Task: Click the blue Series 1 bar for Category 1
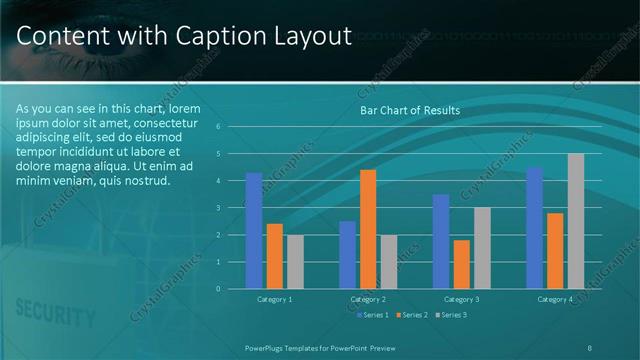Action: point(254,231)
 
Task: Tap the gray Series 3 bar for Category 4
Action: point(576,221)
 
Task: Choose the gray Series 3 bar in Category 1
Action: point(294,262)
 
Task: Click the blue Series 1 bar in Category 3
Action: point(442,241)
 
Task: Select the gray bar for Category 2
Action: point(388,262)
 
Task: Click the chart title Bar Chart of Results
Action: point(410,111)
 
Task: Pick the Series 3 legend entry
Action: point(451,315)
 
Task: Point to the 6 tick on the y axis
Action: point(231,127)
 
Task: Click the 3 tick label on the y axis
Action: point(231,208)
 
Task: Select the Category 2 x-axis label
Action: point(368,299)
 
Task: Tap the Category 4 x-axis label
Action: point(555,299)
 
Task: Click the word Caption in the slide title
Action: point(208,37)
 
